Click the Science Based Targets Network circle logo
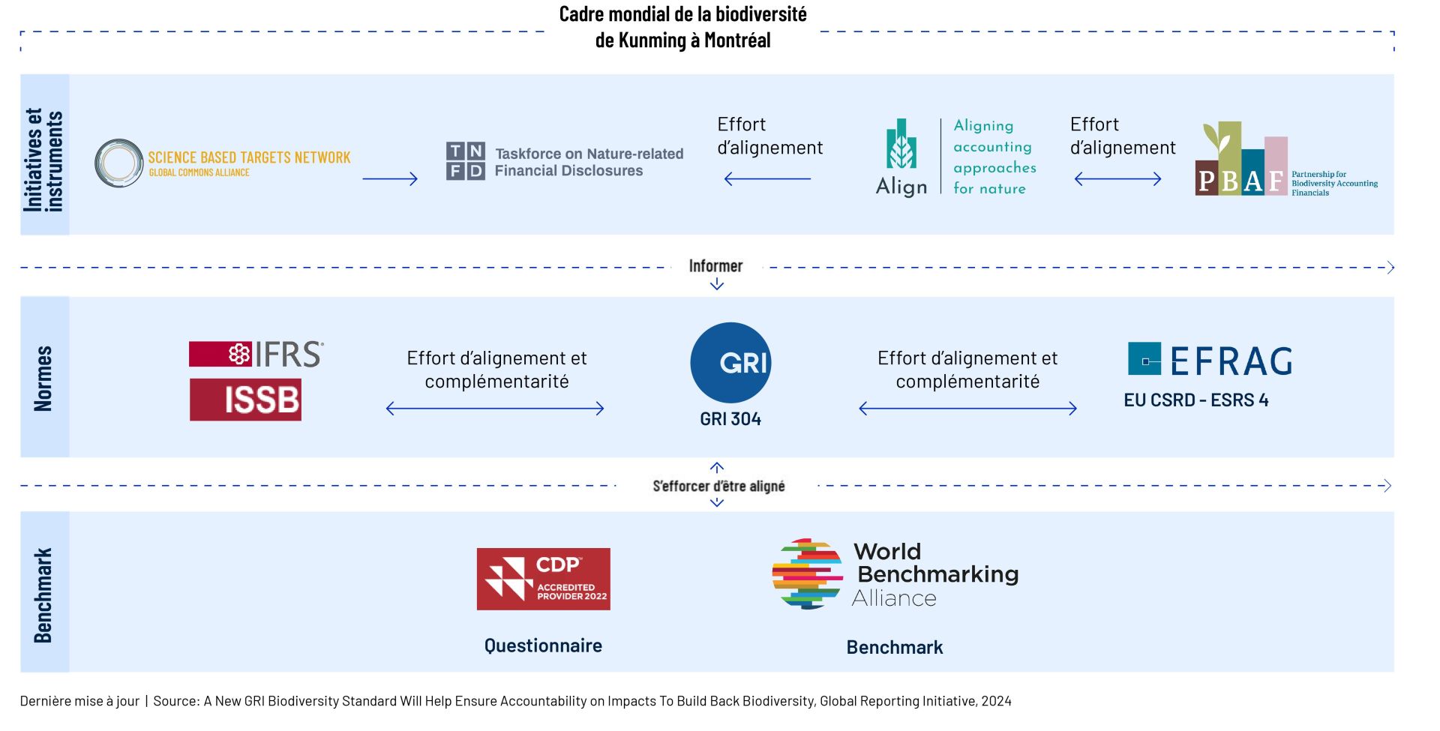(x=118, y=163)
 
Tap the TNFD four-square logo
(x=465, y=161)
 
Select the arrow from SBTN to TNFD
(x=389, y=178)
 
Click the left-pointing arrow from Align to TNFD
(x=767, y=178)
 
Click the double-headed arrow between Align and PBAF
(x=1117, y=178)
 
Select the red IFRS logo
(x=256, y=354)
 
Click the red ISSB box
(x=245, y=400)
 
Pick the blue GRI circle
(x=730, y=363)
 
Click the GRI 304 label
(x=730, y=419)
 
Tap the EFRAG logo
(x=1210, y=361)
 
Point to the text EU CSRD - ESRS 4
(x=1195, y=400)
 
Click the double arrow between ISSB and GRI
(x=495, y=409)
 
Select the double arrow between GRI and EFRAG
(x=967, y=409)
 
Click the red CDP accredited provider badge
(x=543, y=579)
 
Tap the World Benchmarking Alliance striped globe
(x=807, y=574)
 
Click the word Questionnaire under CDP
(x=543, y=646)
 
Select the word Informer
(x=715, y=266)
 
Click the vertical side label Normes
(x=43, y=378)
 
